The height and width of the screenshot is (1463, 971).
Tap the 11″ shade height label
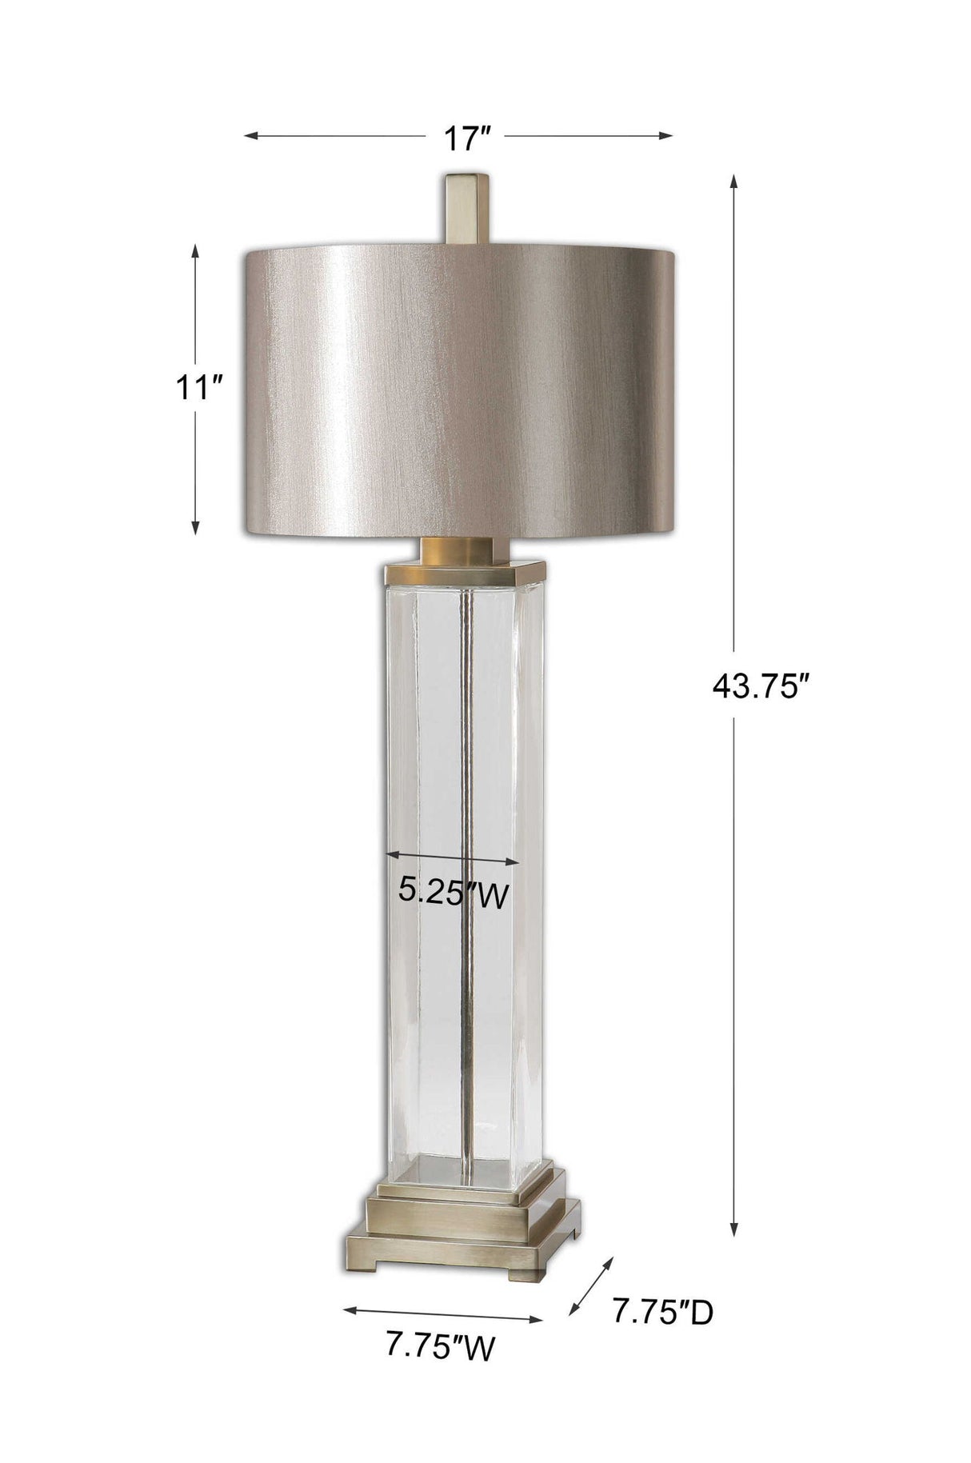point(198,390)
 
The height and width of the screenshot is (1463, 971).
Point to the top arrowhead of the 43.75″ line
point(733,179)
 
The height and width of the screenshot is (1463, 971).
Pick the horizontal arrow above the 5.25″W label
point(452,857)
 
